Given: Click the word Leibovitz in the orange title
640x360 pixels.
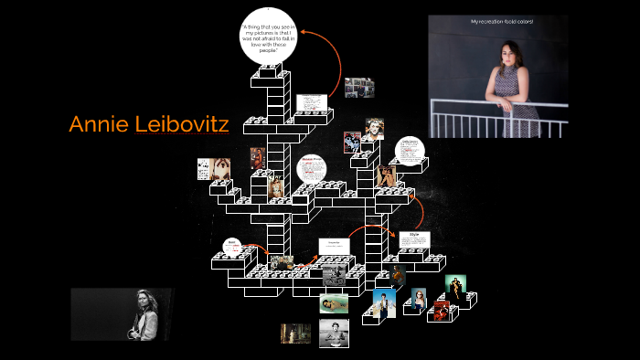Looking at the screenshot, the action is [x=182, y=124].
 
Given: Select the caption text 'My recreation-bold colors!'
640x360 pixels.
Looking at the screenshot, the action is [x=501, y=21].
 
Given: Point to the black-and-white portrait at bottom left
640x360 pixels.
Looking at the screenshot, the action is [x=123, y=314].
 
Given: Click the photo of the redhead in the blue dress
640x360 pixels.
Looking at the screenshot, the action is [x=419, y=299].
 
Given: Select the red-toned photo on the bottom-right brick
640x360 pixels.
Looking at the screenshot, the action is [x=443, y=310].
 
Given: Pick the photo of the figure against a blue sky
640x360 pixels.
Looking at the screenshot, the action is [x=385, y=302].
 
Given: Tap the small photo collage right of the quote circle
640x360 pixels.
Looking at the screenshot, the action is [x=359, y=88].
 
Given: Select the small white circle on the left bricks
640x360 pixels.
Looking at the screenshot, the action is [x=232, y=247].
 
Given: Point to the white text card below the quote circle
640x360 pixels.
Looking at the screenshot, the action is [x=312, y=104].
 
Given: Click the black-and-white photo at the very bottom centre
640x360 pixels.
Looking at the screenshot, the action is [x=334, y=333].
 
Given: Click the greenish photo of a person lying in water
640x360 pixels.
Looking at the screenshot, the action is [x=334, y=303].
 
